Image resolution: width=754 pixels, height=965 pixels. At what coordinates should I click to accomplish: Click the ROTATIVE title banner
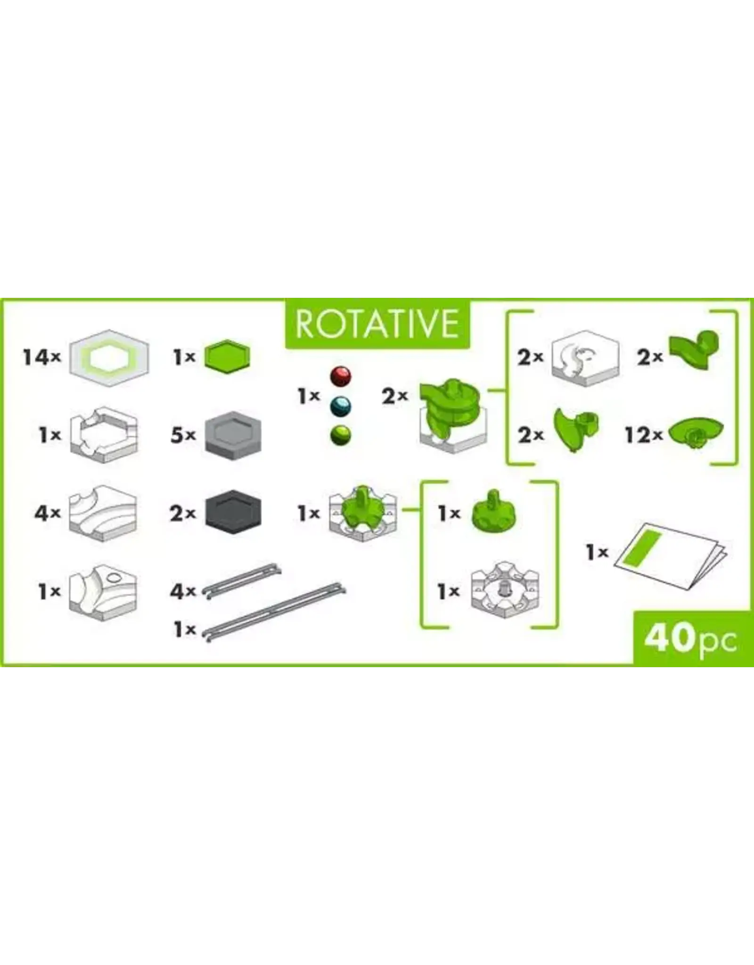coord(377,324)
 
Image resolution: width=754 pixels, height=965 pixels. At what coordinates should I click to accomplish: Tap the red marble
coord(340,377)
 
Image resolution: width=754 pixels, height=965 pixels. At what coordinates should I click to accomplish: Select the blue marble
coord(340,406)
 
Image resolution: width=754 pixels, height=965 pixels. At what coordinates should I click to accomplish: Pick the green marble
coord(340,435)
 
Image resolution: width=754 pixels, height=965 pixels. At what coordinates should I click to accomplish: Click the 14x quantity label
coord(42,358)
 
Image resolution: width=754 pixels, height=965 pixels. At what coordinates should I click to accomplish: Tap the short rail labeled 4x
coord(242,580)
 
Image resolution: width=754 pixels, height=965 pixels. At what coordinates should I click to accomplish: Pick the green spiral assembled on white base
coord(451,415)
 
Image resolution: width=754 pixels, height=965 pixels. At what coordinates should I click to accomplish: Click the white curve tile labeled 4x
coord(103,513)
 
